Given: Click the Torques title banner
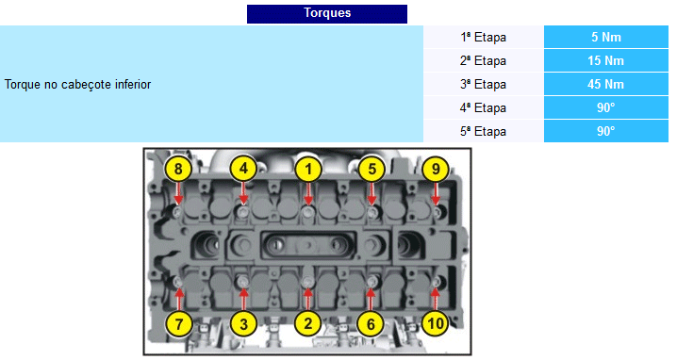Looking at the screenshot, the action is pyautogui.click(x=327, y=13).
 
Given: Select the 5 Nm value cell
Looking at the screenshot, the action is pyautogui.click(x=605, y=37).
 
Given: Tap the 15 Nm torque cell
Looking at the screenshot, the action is pyautogui.click(x=605, y=60).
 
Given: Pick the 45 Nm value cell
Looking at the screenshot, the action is pyautogui.click(x=605, y=84).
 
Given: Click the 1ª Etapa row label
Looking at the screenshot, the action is pyautogui.click(x=483, y=37).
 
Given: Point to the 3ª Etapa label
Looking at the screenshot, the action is pyautogui.click(x=483, y=84).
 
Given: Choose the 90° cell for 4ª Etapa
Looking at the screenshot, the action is pyautogui.click(x=605, y=107).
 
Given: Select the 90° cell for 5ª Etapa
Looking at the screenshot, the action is pyautogui.click(x=605, y=131).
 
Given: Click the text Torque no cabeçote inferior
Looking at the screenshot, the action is pyautogui.click(x=77, y=84).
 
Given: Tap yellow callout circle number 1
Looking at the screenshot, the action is pyautogui.click(x=308, y=169).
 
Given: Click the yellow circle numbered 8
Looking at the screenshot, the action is pyautogui.click(x=178, y=169).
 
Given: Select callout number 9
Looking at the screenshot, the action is pyautogui.click(x=436, y=169).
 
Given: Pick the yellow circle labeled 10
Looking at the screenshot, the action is pyautogui.click(x=436, y=323).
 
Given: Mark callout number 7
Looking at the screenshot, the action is pyautogui.click(x=179, y=323).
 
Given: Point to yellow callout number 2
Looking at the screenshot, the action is pyautogui.click(x=307, y=323).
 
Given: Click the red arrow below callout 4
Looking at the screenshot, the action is pyautogui.click(x=243, y=193).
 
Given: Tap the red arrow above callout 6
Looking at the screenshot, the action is pyautogui.click(x=371, y=299).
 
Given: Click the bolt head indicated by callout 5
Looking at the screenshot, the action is pyautogui.click(x=372, y=212).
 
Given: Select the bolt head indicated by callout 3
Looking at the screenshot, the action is pyautogui.click(x=243, y=282).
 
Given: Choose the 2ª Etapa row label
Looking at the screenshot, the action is pyautogui.click(x=483, y=60).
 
